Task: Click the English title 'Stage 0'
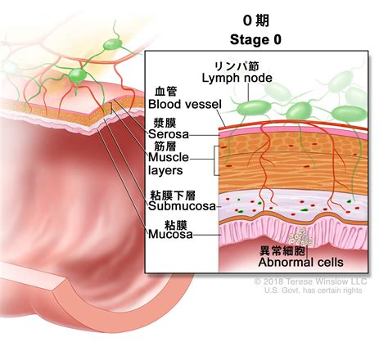coord(255,40)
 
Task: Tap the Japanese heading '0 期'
coord(256,20)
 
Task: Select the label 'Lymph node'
coord(237,79)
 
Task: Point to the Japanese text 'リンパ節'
coord(237,66)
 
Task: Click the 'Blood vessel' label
coord(185,104)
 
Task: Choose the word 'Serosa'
coord(169,134)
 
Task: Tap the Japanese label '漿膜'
coord(165,123)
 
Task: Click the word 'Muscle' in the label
coord(169,157)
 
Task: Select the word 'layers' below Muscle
coord(165,171)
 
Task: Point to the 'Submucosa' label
coord(182,206)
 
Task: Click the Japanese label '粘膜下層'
coord(173,196)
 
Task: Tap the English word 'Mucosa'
coord(170,235)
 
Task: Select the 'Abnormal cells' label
coord(300,263)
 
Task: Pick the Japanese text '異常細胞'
coord(282,250)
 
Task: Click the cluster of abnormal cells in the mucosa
coord(301,236)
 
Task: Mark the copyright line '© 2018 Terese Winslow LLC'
coord(310,281)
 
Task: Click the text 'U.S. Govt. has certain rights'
coord(313,290)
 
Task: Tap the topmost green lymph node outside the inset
coord(113,44)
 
